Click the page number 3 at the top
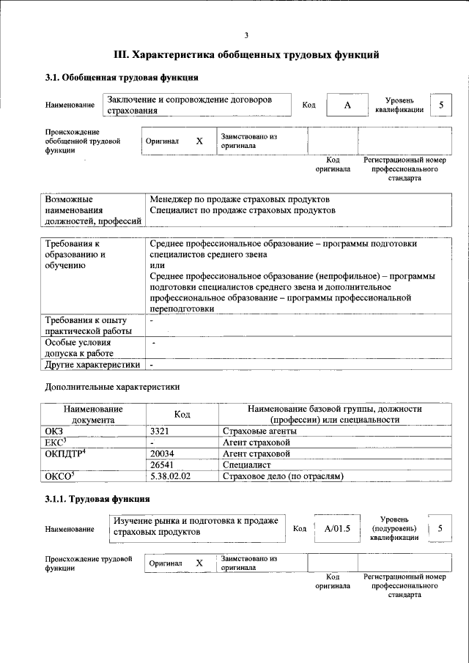tap(246, 34)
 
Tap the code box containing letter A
tap(347, 105)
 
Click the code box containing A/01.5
tap(337, 528)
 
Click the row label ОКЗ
tap(55, 431)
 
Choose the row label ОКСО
tap(60, 476)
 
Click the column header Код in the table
tap(182, 415)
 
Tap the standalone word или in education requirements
tap(157, 265)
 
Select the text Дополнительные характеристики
tap(112, 386)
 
